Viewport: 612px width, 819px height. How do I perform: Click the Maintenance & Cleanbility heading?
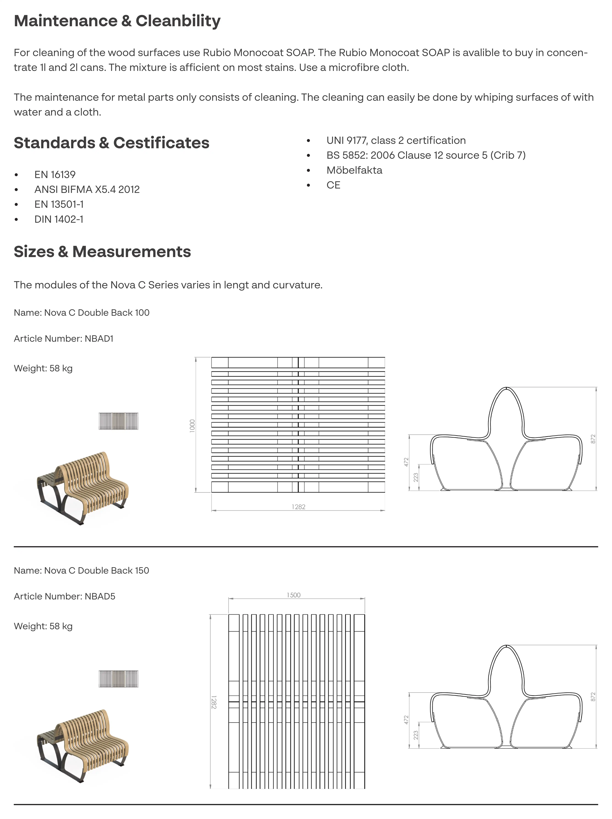click(117, 21)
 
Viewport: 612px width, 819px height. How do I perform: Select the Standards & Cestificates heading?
click(111, 143)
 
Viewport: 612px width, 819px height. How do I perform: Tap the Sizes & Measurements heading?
click(102, 252)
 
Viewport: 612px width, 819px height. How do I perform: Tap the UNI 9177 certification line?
click(396, 140)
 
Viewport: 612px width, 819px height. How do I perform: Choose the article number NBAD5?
click(100, 596)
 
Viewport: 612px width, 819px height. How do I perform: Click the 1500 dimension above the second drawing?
click(293, 595)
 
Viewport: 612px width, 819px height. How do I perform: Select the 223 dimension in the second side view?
click(416, 735)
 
